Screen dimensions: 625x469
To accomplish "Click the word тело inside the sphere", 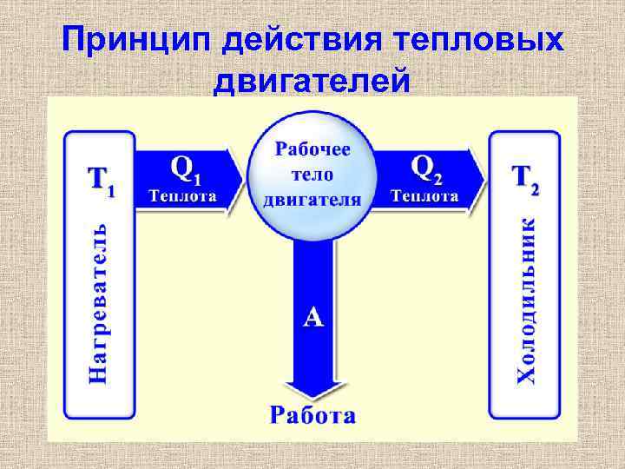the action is click(x=312, y=174).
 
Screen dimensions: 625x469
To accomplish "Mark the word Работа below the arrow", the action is click(x=312, y=414).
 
